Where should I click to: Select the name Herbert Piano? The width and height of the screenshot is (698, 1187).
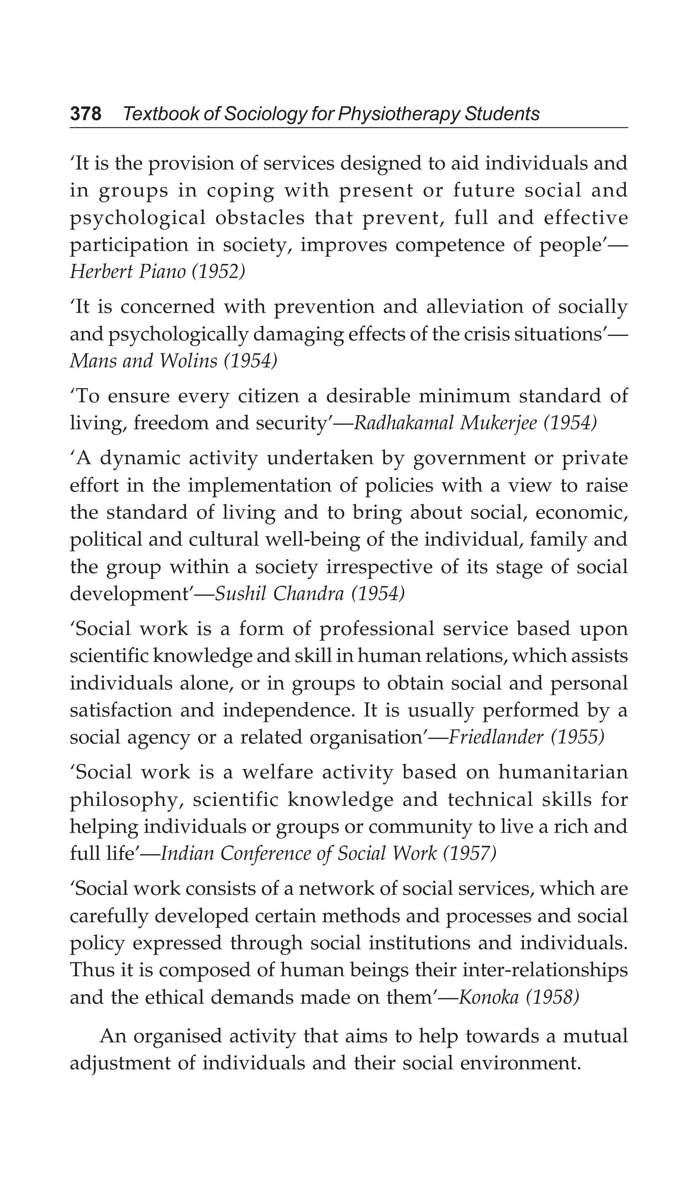[x=127, y=272]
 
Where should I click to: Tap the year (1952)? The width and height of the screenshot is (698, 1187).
[x=218, y=272]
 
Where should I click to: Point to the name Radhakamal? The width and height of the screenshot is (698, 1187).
[x=403, y=423]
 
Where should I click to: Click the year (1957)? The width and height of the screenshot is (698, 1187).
[x=470, y=854]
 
